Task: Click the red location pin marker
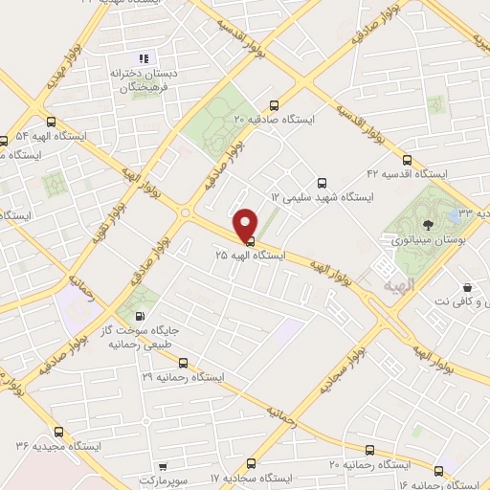coord(246,222)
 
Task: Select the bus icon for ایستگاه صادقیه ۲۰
coord(275,105)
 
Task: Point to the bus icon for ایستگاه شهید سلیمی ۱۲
coord(321,182)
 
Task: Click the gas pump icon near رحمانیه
coord(142,316)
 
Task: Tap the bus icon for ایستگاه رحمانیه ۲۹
coord(183,363)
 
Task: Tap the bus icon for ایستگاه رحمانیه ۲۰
coord(369,449)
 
